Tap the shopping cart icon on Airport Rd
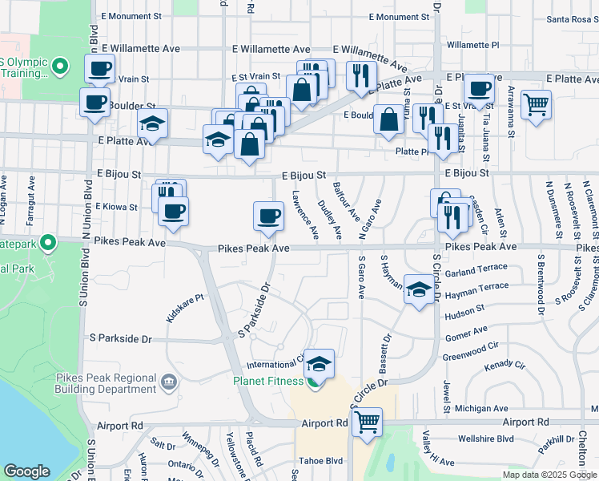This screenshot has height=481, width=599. click(x=367, y=420)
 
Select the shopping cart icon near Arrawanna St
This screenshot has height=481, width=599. click(x=536, y=103)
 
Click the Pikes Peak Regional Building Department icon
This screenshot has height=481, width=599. click(x=169, y=381)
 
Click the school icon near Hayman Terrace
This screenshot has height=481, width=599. click(x=418, y=289)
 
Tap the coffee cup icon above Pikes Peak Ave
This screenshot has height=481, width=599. click(x=268, y=215)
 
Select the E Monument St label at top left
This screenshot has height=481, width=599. click(x=131, y=16)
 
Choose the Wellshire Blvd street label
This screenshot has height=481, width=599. click(x=486, y=439)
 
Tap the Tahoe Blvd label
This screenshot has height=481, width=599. click(x=320, y=461)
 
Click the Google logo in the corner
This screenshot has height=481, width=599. click(x=26, y=471)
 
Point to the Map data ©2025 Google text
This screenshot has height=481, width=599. click(x=549, y=475)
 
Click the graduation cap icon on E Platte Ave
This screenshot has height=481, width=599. click(x=151, y=123)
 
